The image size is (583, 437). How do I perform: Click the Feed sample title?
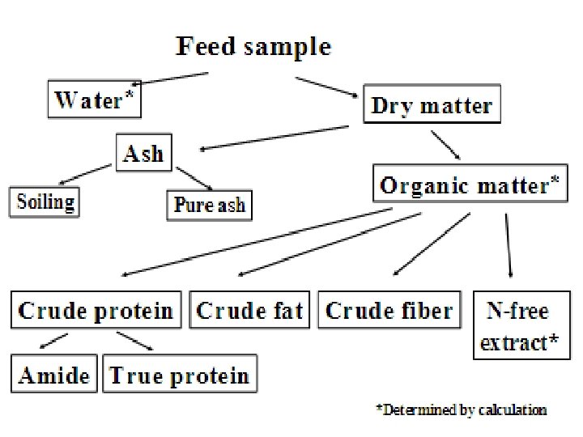click(x=253, y=46)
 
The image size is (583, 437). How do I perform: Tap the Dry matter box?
click(x=431, y=106)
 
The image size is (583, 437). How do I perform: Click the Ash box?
click(x=143, y=154)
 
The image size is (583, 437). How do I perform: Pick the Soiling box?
click(x=45, y=201)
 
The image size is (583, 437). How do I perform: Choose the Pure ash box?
click(x=209, y=204)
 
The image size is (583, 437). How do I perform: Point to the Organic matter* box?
click(x=469, y=185)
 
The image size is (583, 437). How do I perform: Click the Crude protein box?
click(x=96, y=311)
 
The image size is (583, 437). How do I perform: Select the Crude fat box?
click(x=250, y=311)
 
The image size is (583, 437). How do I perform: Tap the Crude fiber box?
click(x=389, y=311)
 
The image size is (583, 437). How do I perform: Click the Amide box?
click(x=55, y=375)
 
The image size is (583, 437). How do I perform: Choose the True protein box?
click(x=180, y=375)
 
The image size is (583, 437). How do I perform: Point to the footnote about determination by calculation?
click(x=461, y=410)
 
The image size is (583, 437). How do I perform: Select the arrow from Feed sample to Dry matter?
click(x=329, y=87)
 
